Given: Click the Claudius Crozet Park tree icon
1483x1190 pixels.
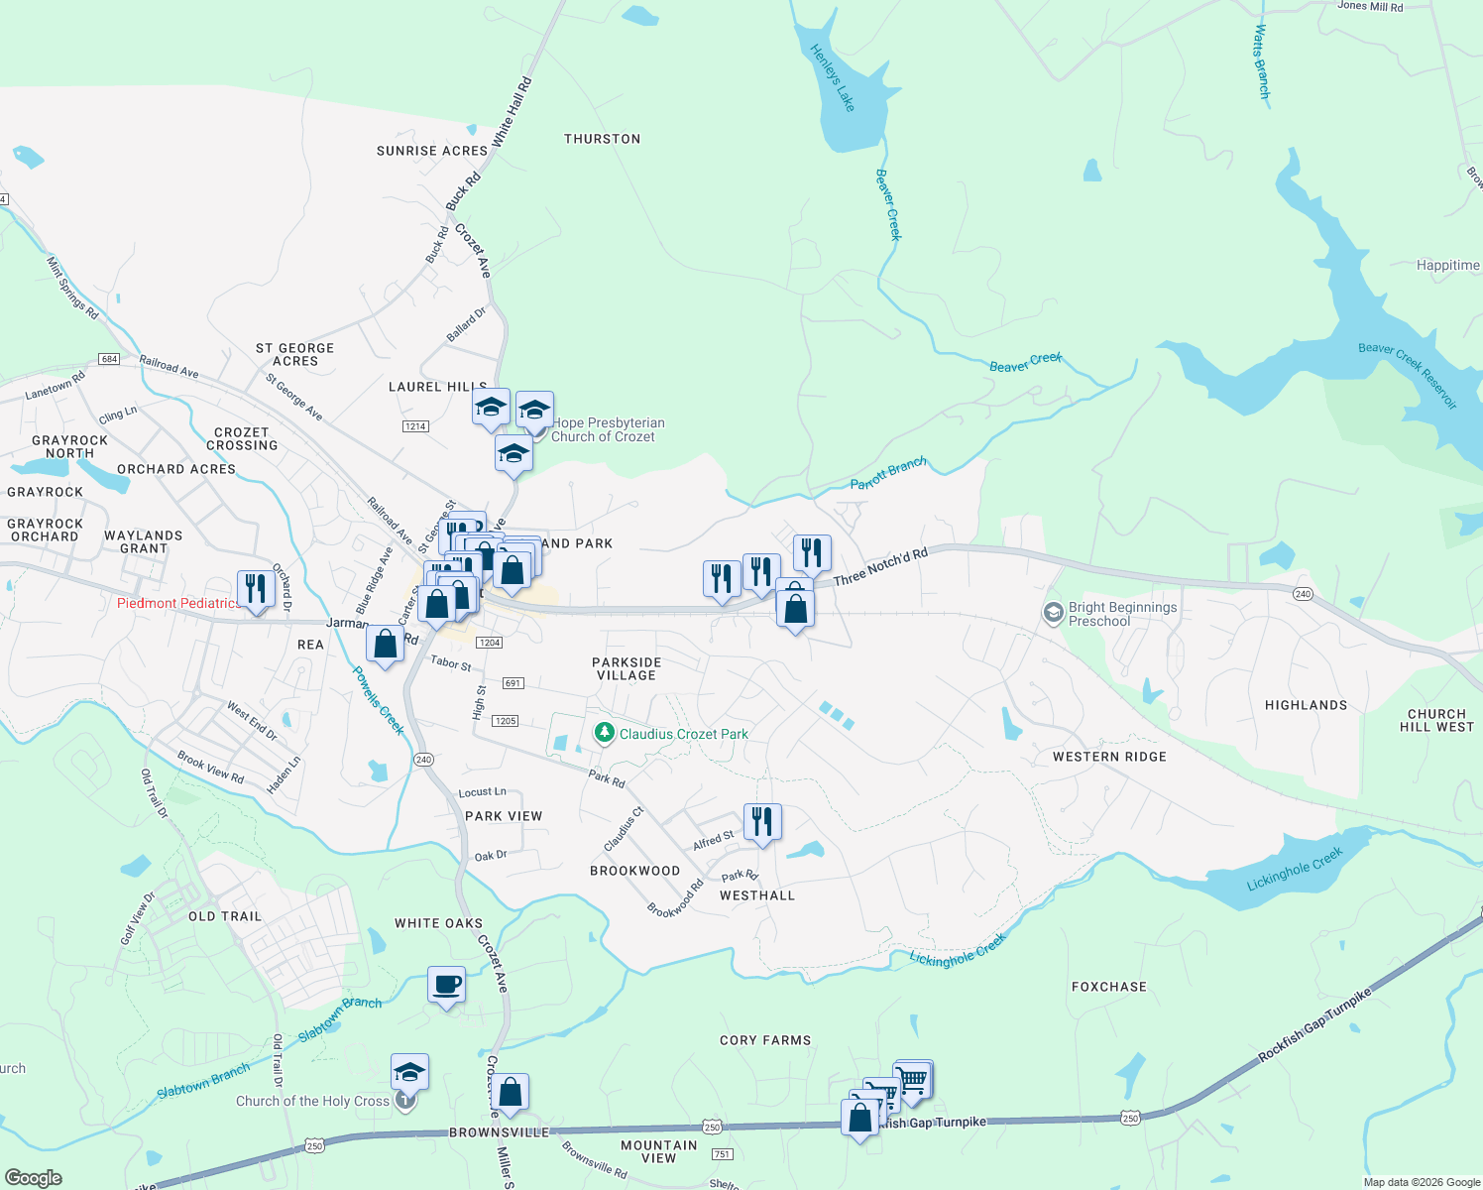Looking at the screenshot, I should (x=604, y=733).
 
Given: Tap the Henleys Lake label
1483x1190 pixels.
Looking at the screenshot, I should (x=832, y=77).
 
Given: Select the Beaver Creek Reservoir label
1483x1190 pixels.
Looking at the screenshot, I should (x=1408, y=374).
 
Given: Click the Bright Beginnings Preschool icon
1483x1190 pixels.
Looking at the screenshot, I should (x=1053, y=614).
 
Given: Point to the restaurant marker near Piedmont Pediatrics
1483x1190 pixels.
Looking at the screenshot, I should (x=256, y=589).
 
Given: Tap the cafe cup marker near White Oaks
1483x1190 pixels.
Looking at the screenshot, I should (x=446, y=986).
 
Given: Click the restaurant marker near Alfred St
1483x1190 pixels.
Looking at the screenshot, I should (x=761, y=822).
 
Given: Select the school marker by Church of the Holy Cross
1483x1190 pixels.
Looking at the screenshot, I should (x=409, y=1073).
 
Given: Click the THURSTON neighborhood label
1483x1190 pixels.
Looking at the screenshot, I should (x=602, y=139).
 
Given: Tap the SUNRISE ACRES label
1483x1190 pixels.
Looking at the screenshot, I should (x=432, y=151).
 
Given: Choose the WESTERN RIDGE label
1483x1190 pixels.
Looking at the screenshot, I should (x=1109, y=757).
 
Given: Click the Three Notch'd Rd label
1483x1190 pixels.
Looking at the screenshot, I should (x=880, y=566).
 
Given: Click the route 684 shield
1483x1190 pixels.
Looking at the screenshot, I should (x=109, y=359).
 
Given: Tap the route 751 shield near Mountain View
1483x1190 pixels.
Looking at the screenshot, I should (x=722, y=1153).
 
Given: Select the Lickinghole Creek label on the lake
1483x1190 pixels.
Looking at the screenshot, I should (x=1295, y=869).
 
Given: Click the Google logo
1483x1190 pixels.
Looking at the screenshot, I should (x=33, y=1178).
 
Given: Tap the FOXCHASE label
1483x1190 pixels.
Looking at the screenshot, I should (x=1108, y=987).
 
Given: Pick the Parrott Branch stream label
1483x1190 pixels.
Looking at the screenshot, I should (x=888, y=473).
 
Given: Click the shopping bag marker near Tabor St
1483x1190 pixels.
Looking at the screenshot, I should (x=385, y=645).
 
